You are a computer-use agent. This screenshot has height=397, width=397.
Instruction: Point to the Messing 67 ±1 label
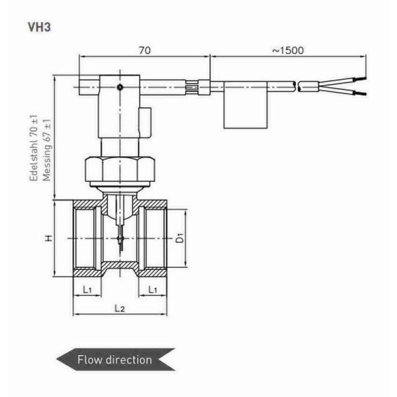(x=46, y=150)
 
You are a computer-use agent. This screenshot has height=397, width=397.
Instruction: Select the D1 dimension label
(x=179, y=238)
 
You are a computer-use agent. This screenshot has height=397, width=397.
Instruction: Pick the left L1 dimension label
(x=87, y=289)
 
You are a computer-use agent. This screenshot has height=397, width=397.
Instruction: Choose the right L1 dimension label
(x=152, y=289)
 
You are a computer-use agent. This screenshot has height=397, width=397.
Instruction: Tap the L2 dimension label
(x=119, y=308)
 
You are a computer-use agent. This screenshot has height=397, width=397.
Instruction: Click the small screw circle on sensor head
(x=119, y=87)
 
